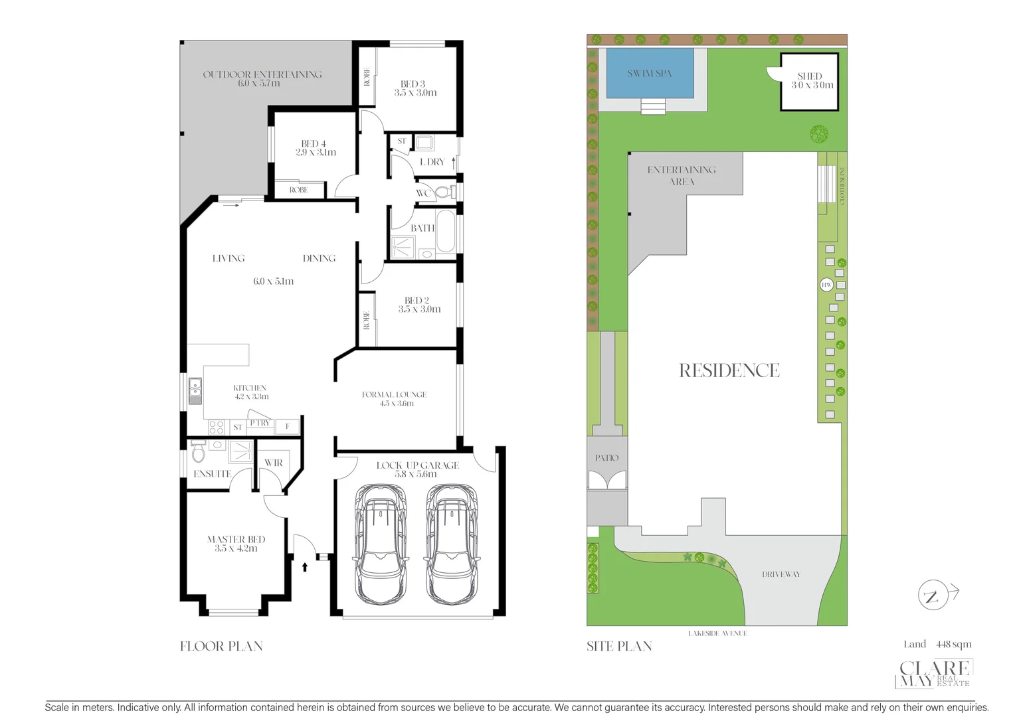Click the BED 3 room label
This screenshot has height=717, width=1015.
(x=413, y=84)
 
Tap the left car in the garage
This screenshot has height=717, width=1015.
(x=381, y=544)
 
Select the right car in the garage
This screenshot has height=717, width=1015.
(x=452, y=544)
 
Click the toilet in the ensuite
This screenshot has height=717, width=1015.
(x=198, y=453)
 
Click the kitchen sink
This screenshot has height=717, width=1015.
(x=195, y=391)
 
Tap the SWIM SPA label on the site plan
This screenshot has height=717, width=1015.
(x=649, y=74)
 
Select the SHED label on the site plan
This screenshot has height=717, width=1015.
(x=809, y=76)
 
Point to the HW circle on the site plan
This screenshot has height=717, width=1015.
(x=826, y=285)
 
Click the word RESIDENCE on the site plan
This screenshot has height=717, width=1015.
(x=729, y=370)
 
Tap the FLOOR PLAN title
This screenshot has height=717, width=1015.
(x=221, y=646)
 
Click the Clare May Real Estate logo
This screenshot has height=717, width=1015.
(x=934, y=674)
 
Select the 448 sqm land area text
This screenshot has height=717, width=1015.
(x=953, y=644)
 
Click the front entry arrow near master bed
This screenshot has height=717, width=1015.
(x=305, y=567)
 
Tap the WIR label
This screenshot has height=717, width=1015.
(x=273, y=463)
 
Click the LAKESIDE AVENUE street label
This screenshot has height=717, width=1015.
(x=717, y=633)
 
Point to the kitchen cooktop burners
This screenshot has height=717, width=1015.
(x=217, y=427)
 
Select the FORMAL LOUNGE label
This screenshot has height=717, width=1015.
(x=394, y=394)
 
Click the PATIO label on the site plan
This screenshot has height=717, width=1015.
(x=606, y=457)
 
